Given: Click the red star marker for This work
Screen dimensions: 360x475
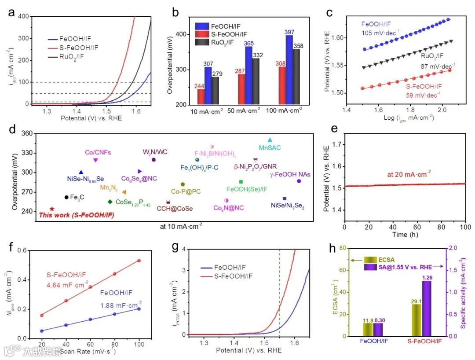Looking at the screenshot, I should (52, 209).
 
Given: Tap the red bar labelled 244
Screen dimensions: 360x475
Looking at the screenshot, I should (201, 97).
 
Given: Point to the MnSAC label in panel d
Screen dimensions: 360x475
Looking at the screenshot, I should (270, 148).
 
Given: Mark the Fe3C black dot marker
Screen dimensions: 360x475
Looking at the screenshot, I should (66, 197).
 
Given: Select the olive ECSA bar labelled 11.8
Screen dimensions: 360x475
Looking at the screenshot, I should (368, 329).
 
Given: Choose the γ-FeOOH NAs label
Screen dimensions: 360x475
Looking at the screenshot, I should (290, 174).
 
